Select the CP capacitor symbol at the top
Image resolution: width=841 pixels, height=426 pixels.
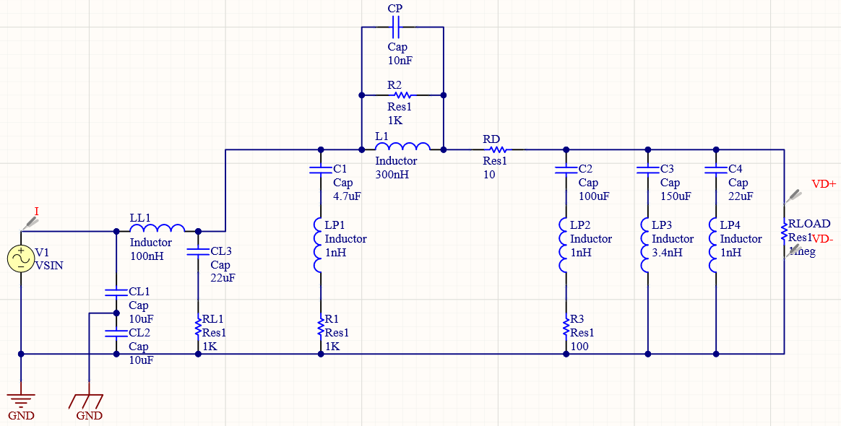(x=395, y=27)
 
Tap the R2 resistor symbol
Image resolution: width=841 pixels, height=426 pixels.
(x=402, y=95)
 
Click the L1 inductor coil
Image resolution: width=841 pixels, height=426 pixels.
(x=402, y=148)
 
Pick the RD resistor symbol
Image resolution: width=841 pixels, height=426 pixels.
(x=498, y=149)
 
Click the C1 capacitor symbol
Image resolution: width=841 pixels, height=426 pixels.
(x=320, y=170)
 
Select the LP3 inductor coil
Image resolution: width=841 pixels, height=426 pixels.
(x=647, y=245)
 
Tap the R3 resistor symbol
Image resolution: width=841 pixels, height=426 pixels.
(x=566, y=329)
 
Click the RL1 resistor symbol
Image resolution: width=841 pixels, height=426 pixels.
(x=197, y=329)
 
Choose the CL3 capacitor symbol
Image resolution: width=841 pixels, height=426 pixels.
(x=197, y=252)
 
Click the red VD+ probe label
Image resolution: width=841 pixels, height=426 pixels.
(x=823, y=184)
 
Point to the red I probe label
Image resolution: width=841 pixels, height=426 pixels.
(x=36, y=211)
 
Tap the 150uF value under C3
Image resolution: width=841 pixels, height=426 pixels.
(x=676, y=196)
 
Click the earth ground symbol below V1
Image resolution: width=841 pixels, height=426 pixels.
(x=21, y=399)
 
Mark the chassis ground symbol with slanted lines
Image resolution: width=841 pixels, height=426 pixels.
(x=88, y=399)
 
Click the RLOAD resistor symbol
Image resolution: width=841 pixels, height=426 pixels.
(x=784, y=231)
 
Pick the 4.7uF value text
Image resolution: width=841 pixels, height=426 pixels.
(x=346, y=196)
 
